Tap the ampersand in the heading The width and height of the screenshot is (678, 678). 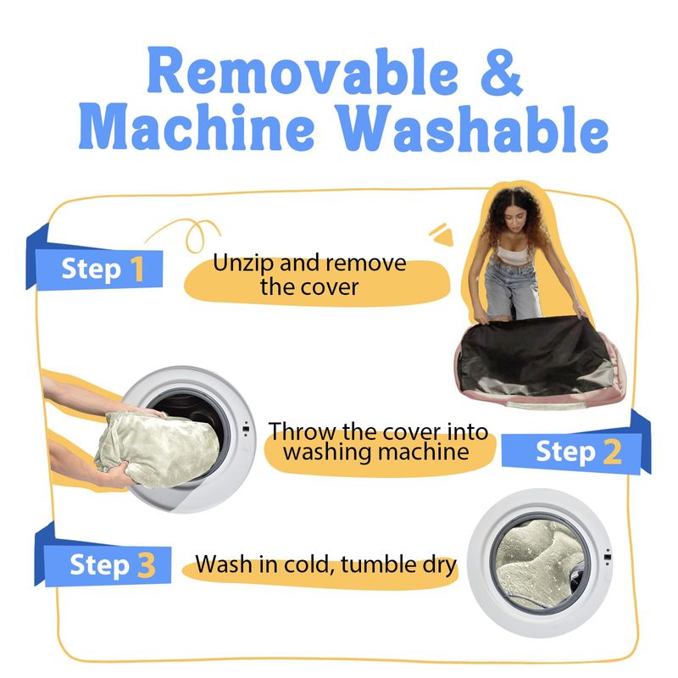click(502, 72)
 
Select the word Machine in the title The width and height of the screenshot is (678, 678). click(197, 126)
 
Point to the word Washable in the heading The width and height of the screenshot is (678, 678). click(473, 129)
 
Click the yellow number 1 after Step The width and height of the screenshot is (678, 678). click(137, 269)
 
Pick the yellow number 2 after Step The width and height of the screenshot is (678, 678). click(612, 452)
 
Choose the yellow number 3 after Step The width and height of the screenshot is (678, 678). click(147, 565)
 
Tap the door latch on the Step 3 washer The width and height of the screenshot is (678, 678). click(607, 557)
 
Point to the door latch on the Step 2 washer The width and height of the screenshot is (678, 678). click(246, 429)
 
